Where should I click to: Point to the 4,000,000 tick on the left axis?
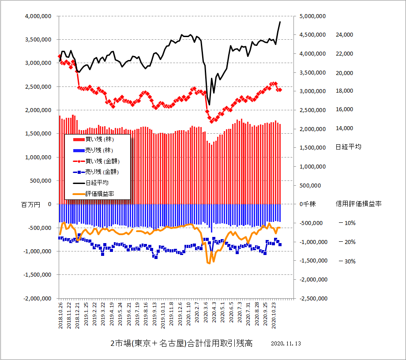click(37, 16)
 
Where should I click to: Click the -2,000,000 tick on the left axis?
click(36, 298)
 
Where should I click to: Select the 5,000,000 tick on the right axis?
click(312, 16)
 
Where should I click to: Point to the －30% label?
click(347, 261)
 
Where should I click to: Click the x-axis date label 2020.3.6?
click(207, 315)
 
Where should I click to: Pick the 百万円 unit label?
click(30, 204)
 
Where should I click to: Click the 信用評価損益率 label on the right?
click(358, 204)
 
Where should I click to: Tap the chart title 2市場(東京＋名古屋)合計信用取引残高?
click(181, 343)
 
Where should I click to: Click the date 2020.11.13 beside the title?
click(286, 343)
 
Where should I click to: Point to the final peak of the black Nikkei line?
click(280, 22)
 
